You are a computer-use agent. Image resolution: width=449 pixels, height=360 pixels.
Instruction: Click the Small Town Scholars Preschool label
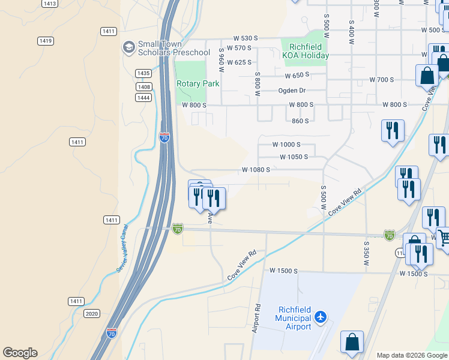click(174, 48)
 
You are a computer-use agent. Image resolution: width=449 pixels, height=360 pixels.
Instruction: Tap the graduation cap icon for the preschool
click(128, 47)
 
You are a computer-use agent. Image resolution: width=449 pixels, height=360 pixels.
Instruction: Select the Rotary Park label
click(197, 84)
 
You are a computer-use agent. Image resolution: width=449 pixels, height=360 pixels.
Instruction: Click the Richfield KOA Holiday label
click(306, 51)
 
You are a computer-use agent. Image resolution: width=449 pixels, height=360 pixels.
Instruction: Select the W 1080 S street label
click(256, 170)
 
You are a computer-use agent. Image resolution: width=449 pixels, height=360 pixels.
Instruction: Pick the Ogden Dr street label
click(292, 91)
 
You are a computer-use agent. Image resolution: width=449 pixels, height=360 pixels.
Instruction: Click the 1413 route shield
click(50, 4)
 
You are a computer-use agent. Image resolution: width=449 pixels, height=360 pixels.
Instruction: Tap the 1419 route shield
click(45, 41)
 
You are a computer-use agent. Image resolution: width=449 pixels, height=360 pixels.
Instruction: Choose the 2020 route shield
click(92, 313)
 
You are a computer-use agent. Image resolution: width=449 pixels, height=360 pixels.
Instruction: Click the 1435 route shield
click(143, 73)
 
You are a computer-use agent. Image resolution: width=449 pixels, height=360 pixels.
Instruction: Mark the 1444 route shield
click(143, 97)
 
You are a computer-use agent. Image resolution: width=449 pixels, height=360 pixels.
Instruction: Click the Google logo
click(20, 353)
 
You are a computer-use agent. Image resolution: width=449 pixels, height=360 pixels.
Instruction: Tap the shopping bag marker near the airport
click(352, 342)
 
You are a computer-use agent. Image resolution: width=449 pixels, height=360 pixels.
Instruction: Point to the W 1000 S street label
click(286, 145)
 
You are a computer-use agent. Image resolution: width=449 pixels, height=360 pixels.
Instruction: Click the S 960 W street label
click(221, 59)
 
